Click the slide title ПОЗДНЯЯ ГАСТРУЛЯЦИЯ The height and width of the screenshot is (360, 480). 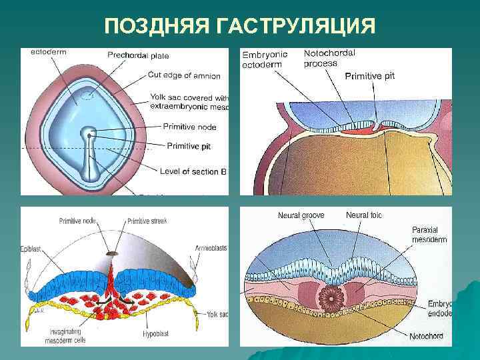pos(240,26)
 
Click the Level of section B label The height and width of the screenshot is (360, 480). pos(193,171)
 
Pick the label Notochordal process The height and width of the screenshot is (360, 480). pos(329,58)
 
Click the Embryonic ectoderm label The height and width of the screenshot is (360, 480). pos(263,59)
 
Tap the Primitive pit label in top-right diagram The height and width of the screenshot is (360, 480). pos(370,76)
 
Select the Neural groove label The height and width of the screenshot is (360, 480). pos(301,215)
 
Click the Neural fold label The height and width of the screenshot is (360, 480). pos(364,215)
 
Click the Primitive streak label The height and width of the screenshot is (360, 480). pos(148,221)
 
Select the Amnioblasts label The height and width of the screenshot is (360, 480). pos(211,247)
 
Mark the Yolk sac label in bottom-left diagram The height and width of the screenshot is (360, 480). pos(217,314)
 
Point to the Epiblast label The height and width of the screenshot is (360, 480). pos(31,248)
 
